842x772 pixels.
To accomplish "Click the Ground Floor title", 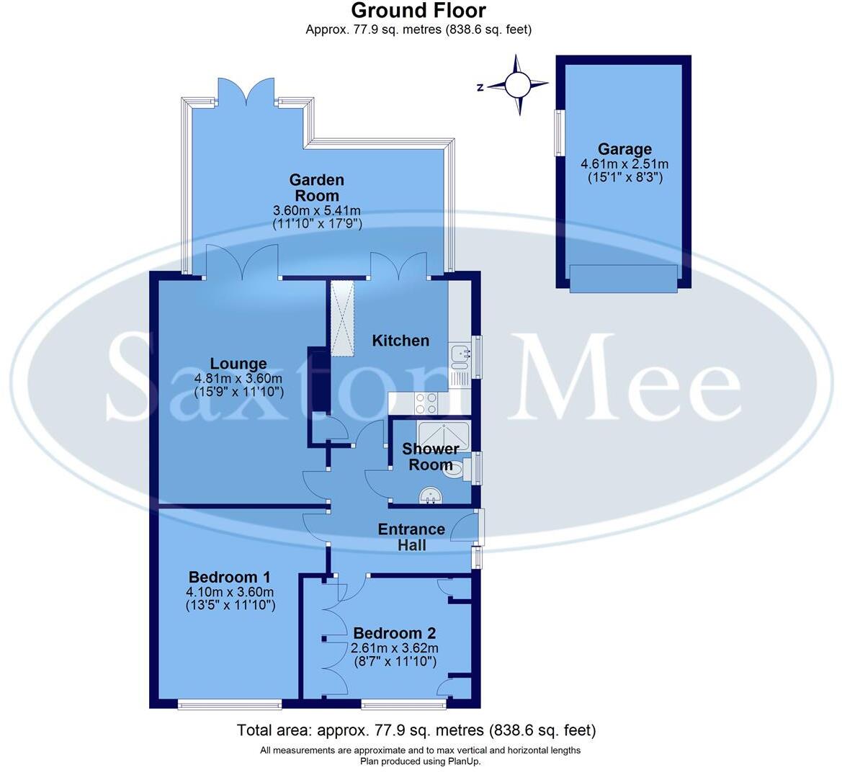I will [418, 11].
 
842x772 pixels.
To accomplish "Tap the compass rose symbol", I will [517, 86].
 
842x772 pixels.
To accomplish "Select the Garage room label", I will [624, 150].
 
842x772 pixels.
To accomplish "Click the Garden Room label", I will [316, 187].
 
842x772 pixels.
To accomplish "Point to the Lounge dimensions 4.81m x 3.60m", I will [238, 379].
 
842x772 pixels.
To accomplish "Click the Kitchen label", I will [400, 341].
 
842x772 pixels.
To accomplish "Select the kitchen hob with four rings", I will [426, 403].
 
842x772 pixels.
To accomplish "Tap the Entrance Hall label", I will [412, 537].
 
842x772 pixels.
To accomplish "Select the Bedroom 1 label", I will [229, 577].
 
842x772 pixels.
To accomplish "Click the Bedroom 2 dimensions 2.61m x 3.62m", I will [393, 648].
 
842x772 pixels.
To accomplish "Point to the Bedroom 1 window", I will [229, 704].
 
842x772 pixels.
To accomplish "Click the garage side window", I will [557, 133].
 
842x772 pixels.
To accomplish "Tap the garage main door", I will [623, 278].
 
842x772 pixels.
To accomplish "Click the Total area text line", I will [416, 730].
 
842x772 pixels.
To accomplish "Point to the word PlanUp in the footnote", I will [465, 761].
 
